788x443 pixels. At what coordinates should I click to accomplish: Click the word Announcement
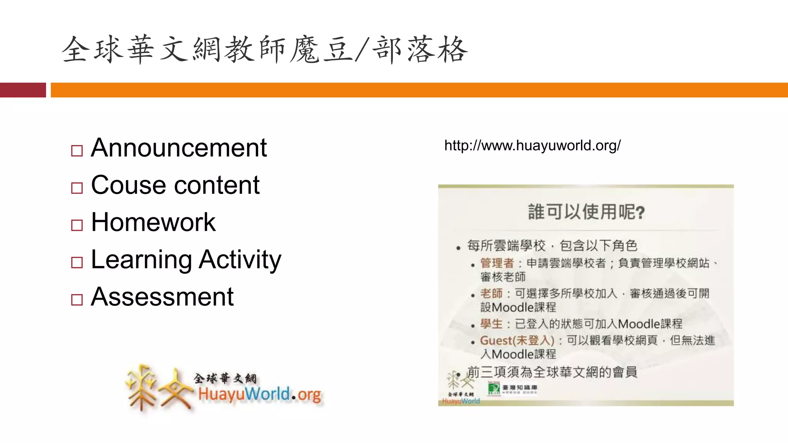(179, 148)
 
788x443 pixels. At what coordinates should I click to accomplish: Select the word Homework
(153, 223)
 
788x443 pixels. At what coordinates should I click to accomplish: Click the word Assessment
(162, 297)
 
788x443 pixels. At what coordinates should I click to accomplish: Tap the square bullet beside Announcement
(77, 151)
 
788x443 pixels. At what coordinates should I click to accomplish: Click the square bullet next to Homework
(77, 225)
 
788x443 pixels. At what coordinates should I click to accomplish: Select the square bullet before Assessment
(77, 300)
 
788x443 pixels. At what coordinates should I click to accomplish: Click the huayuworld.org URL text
(532, 146)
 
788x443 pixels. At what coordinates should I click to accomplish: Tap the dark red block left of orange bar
(23, 90)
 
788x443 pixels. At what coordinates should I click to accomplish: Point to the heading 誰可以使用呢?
(586, 212)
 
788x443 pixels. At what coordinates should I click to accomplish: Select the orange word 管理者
(497, 263)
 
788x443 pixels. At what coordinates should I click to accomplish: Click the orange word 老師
(491, 294)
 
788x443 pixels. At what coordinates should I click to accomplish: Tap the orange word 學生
(491, 324)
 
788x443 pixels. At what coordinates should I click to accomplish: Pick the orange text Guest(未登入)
(517, 341)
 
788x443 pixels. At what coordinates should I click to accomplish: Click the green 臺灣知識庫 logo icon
(494, 388)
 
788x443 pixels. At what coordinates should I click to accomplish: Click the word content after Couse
(217, 185)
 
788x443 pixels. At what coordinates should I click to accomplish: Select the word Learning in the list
(141, 260)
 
